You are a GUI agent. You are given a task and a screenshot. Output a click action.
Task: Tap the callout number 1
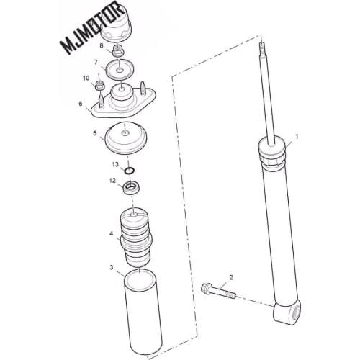[295, 135]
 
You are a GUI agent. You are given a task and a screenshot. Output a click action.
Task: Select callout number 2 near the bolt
[231, 277]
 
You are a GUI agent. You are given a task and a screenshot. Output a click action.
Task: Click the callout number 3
[112, 267]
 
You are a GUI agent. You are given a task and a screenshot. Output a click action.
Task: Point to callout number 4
[111, 233]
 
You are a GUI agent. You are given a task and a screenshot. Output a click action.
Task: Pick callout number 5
[94, 133]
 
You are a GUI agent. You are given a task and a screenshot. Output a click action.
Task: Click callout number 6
[81, 103]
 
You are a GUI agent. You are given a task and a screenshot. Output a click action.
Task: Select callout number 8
[102, 46]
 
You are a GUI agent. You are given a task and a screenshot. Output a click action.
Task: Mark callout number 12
[112, 181]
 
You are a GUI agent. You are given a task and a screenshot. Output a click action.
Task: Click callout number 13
[114, 164]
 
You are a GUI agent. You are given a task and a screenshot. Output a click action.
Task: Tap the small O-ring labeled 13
[130, 171]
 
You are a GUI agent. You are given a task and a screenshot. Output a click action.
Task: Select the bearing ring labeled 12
[131, 189]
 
